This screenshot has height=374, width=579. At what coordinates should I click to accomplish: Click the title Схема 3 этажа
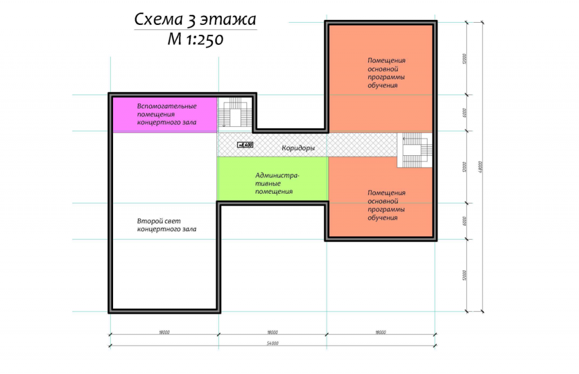pos(195,20)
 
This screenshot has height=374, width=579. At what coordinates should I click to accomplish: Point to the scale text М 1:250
pos(195,39)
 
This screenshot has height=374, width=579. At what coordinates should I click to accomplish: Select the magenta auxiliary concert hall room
pos(165,114)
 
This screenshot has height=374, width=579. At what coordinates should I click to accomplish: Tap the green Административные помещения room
pos(273,179)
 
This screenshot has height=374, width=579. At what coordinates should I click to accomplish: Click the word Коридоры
pos(298,148)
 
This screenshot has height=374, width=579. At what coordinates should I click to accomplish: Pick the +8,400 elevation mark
pos(245,145)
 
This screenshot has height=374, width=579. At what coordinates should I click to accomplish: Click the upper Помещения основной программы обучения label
pos(386,73)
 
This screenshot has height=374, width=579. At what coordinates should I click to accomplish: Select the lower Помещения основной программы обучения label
pos(386,205)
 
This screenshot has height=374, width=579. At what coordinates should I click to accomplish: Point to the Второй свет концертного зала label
pos(167,225)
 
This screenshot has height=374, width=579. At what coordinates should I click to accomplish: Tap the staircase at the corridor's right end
pos(414,150)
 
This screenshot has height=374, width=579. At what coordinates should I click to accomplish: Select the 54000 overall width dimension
pos(273,343)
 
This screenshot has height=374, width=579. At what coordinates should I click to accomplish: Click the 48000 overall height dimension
pos(481,167)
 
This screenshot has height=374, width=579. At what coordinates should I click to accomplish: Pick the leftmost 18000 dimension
pos(165,332)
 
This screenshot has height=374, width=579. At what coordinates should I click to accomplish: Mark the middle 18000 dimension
pos(273,332)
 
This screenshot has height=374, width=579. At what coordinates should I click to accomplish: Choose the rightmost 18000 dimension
pos(381,332)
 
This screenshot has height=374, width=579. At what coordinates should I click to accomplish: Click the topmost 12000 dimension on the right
pos(465,59)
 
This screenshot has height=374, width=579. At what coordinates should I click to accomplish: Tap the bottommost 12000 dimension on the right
pos(465,275)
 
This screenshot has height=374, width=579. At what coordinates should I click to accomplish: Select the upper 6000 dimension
pos(465,113)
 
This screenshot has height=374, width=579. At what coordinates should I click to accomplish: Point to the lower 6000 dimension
pos(465,221)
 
